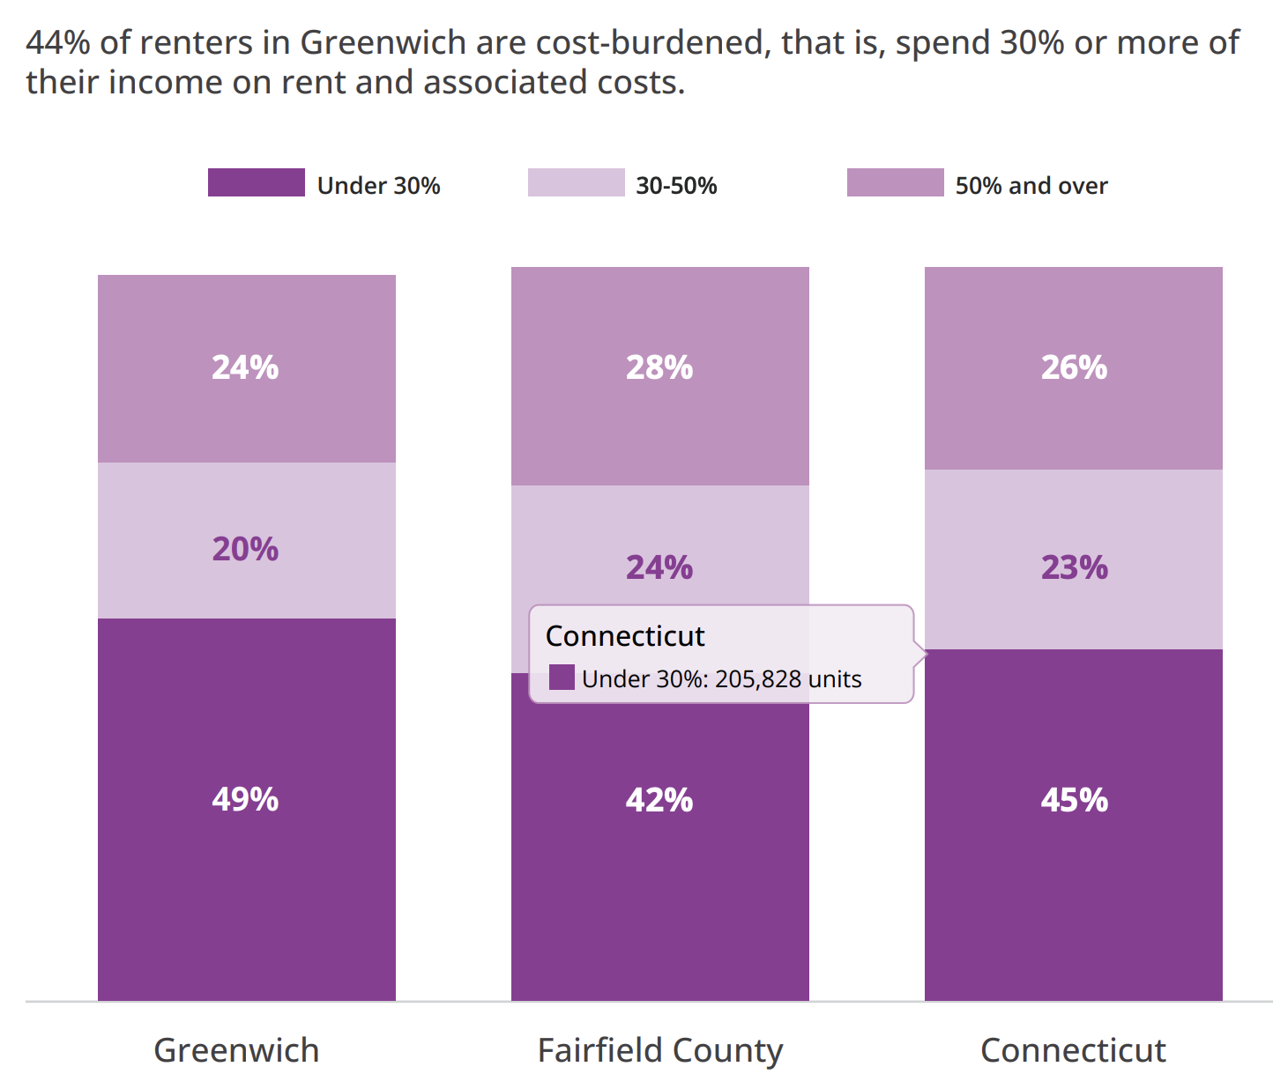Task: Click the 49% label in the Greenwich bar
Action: [x=245, y=799]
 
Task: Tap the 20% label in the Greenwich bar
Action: [x=245, y=549]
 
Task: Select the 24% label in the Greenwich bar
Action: [x=245, y=367]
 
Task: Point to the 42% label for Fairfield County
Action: [x=659, y=800]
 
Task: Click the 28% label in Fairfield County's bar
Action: [x=659, y=367]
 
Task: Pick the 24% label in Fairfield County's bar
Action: [x=659, y=567]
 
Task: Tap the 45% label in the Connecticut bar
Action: [x=1074, y=800]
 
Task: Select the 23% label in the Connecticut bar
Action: [x=1074, y=567]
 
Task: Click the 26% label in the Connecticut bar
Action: [x=1074, y=367]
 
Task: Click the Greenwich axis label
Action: [x=236, y=1050]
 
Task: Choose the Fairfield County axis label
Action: [x=659, y=1050]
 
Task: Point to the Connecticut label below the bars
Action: [x=1073, y=1050]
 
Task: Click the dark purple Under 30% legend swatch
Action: [x=256, y=182]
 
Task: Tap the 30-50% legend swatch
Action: [x=576, y=182]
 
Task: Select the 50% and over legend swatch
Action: [x=895, y=182]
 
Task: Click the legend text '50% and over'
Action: [x=1031, y=186]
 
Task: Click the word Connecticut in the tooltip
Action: [x=625, y=635]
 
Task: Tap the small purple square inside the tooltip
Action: [x=562, y=678]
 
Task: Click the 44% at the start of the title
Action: [x=58, y=42]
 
